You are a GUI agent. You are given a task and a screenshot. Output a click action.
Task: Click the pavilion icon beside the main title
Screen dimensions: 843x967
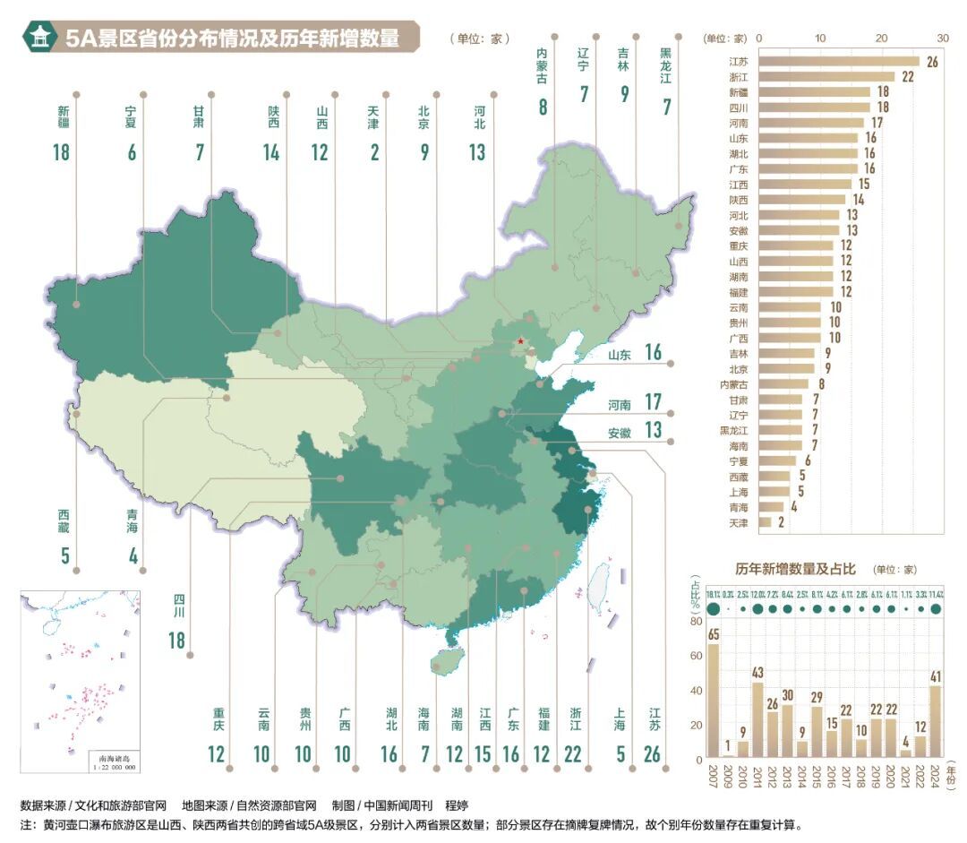point(40,37)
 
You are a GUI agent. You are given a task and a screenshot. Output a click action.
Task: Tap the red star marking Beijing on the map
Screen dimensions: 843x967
point(520,341)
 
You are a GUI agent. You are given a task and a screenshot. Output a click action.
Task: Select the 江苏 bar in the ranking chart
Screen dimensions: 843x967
point(838,62)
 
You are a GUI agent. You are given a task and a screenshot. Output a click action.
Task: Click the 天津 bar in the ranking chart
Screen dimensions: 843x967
point(765,521)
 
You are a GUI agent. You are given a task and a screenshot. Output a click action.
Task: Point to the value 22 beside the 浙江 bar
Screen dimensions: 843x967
point(907,77)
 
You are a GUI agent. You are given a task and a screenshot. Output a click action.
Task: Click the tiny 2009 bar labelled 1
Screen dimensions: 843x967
point(728,757)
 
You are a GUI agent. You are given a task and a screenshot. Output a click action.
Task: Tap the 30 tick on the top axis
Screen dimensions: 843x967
point(942,39)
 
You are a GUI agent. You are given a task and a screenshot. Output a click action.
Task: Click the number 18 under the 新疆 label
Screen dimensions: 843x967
point(61,152)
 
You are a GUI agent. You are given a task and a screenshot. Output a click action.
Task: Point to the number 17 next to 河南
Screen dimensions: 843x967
point(653,402)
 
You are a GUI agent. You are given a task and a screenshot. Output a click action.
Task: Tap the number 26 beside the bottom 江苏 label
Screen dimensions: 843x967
point(653,754)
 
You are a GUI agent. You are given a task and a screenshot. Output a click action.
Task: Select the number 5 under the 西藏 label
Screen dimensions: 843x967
point(64,555)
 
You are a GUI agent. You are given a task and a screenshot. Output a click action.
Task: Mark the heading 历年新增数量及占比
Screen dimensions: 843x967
point(796,569)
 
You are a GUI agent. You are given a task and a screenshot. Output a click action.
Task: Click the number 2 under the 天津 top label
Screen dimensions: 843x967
point(373,152)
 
